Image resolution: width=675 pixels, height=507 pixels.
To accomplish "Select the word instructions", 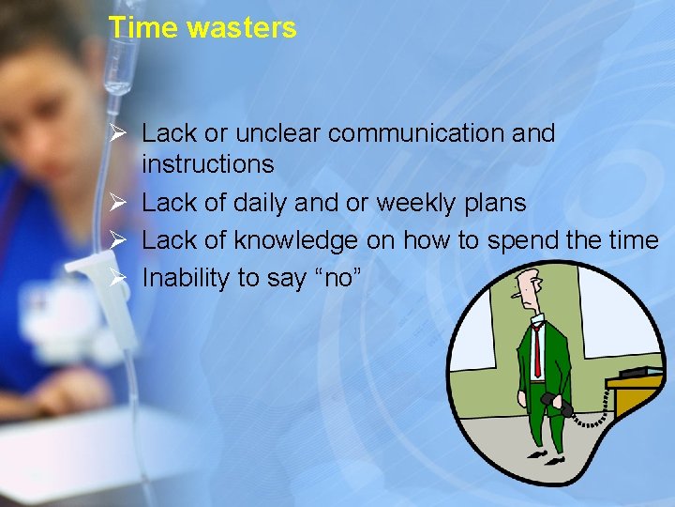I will (x=207, y=164).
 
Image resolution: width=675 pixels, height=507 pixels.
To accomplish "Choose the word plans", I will (x=493, y=203).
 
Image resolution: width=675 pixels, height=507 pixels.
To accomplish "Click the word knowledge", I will (x=295, y=241).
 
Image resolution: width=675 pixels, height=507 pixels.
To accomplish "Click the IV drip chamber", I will (x=116, y=75).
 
